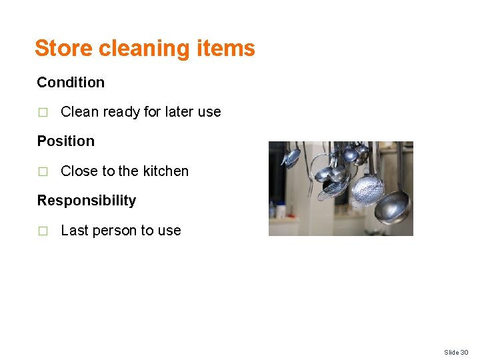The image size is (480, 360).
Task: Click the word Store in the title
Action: [63, 48]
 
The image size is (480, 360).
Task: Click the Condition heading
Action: [71, 83]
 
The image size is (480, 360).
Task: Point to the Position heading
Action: [66, 141]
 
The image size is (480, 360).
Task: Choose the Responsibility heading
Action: [87, 201]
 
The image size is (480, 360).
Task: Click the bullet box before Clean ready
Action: [43, 113]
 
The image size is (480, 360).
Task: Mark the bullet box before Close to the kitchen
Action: [43, 172]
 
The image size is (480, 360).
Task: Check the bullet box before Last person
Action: [43, 231]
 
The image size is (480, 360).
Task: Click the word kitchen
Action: [165, 171]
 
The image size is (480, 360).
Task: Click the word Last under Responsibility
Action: [74, 231]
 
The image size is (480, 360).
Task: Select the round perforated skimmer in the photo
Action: [369, 189]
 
